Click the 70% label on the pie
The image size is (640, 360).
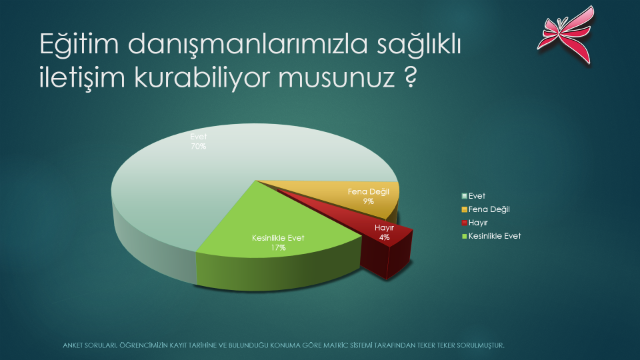coord(199,146)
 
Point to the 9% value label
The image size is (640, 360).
coord(368,201)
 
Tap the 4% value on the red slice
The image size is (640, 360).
coord(384,237)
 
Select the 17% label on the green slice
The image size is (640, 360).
coord(278,247)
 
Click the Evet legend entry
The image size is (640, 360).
coord(473,196)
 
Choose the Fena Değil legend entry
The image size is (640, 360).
coord(486,209)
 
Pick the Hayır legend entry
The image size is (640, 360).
coord(474,223)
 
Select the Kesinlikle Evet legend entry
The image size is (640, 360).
coord(491,236)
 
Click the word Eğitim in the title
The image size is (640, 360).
coord(79,44)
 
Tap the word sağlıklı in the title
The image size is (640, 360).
coord(419,44)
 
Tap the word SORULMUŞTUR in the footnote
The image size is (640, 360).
coord(481,345)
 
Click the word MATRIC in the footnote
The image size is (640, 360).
coord(336,345)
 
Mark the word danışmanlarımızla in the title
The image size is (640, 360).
coord(247,44)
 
